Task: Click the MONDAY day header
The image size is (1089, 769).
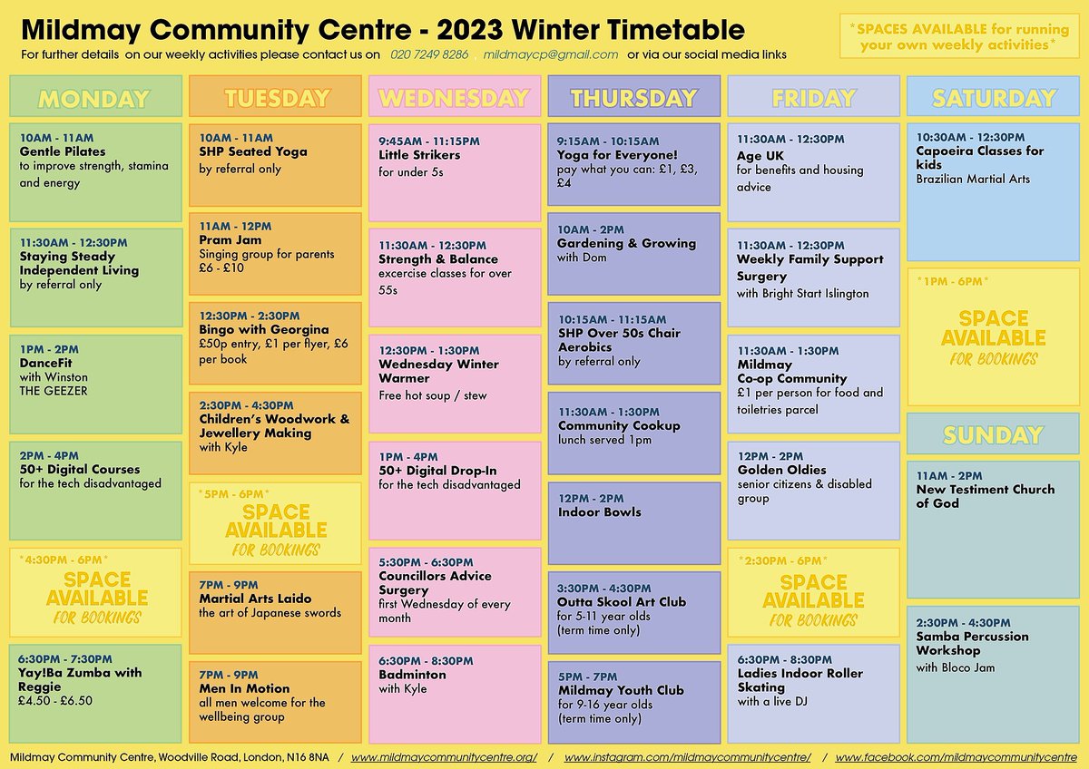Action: point(93,98)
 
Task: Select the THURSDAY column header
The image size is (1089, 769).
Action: point(633,98)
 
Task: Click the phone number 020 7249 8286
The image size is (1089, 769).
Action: point(429,54)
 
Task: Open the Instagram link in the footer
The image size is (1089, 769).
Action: point(686,756)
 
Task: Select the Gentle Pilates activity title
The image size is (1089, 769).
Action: point(63,151)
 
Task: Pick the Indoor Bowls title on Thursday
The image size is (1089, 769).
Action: point(600,511)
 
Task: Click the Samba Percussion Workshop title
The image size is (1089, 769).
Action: point(972,643)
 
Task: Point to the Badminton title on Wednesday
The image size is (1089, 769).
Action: point(412,675)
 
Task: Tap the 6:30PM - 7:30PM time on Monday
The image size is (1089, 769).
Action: point(66,658)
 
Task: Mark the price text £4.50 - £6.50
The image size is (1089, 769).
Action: point(56,701)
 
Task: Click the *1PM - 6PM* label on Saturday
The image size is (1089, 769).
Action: point(953,281)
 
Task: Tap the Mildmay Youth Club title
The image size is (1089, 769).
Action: point(621,691)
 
